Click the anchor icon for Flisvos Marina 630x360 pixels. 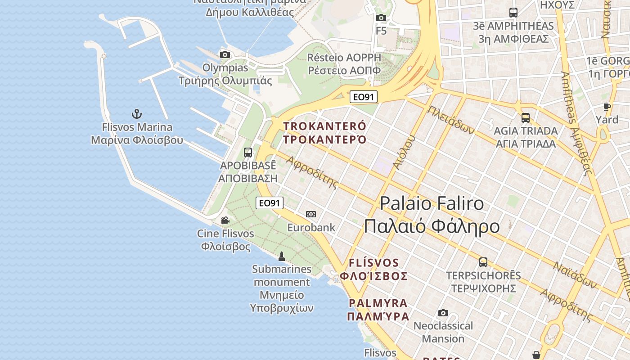137,114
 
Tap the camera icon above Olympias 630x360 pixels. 225,55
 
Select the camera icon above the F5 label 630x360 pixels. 381,18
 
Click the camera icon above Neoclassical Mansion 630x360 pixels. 443,313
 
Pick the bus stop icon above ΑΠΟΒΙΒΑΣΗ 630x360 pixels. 248,152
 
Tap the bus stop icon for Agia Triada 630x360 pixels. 525,118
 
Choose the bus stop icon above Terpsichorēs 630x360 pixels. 483,262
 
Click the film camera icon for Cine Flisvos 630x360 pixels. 225,220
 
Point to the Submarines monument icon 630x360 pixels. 282,256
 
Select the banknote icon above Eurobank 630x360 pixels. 311,214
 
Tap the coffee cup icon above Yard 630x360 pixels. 607,107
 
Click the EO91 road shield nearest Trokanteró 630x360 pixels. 364,97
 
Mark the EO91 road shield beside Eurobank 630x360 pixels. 270,203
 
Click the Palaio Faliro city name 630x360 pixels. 432,203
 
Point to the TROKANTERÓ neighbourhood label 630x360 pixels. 325,126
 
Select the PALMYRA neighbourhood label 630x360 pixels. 378,303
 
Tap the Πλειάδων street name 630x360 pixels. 451,120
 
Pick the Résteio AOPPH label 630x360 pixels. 344,58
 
